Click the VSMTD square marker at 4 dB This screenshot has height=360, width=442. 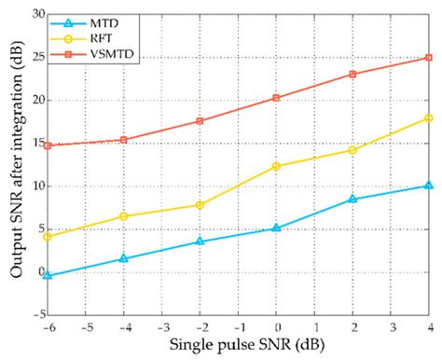pos(429,58)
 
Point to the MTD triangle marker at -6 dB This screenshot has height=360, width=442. pos(48,276)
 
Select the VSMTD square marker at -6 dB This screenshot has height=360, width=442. pos(48,145)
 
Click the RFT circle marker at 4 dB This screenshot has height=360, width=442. pos(429,118)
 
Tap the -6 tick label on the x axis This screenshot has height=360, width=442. pos(47,327)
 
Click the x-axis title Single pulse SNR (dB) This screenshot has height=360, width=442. pos(238,345)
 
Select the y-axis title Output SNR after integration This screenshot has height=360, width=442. pos(12,166)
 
